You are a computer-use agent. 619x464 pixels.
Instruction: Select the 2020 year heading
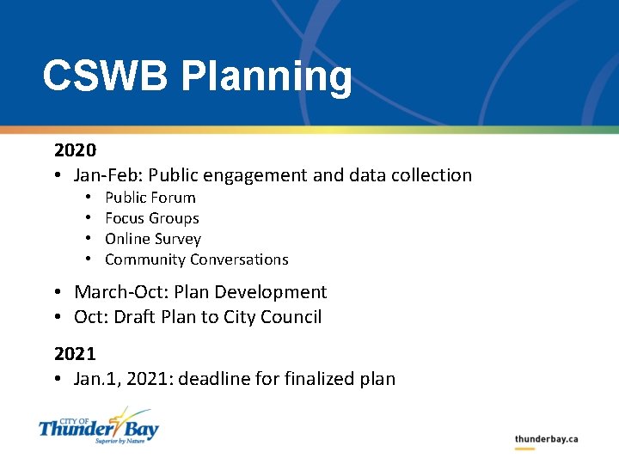(75, 150)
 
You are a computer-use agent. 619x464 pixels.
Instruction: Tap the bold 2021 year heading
(75, 354)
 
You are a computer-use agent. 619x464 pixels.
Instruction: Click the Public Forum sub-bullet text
(150, 198)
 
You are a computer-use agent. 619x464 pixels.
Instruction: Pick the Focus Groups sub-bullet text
(151, 218)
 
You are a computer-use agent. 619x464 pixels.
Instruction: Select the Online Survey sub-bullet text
(152, 239)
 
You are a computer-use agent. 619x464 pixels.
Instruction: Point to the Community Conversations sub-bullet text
(196, 259)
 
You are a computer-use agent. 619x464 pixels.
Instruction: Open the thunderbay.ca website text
(546, 439)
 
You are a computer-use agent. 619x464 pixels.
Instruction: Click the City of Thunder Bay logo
(98, 425)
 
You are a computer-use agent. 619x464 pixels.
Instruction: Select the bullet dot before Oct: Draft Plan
(56, 317)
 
